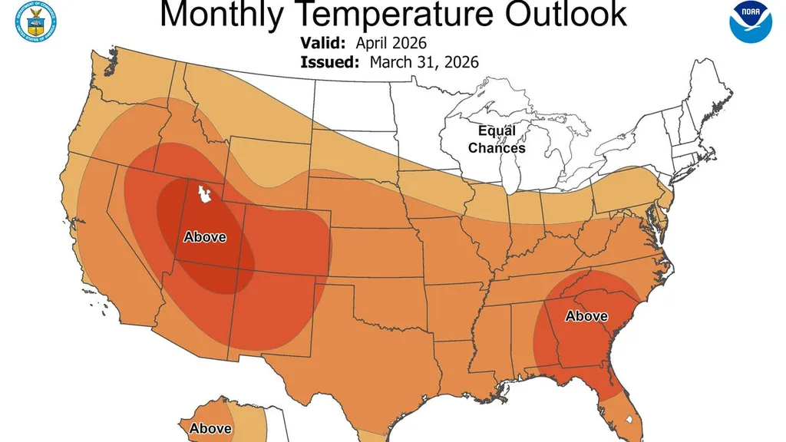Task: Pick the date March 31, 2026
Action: (x=424, y=62)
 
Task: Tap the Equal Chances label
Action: (x=497, y=140)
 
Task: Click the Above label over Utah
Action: (x=205, y=237)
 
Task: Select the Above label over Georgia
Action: (x=586, y=316)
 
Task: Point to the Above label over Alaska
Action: (x=210, y=428)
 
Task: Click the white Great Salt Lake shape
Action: (x=204, y=194)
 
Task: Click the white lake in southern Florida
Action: (x=629, y=421)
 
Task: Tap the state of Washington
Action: (x=130, y=81)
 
